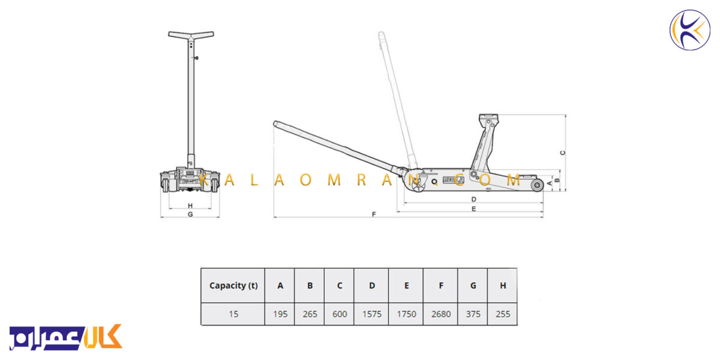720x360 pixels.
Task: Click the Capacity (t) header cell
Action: pos(233,286)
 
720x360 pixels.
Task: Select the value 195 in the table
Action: pos(280,314)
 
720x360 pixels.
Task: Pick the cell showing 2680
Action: pos(440,314)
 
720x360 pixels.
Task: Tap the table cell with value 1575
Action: pos(371,314)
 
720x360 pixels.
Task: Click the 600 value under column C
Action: pos(340,314)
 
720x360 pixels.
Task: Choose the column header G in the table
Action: pos(473,286)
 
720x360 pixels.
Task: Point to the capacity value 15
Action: pos(233,314)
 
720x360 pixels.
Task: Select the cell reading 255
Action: pos(503,314)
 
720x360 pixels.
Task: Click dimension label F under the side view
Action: pos(373,214)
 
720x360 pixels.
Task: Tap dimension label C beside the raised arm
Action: pos(563,153)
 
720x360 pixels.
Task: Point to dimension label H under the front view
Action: pos(190,206)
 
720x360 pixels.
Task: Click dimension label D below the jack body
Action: pos(473,199)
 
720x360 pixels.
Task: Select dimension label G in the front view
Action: pos(190,214)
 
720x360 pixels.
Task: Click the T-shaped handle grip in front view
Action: pos(191,35)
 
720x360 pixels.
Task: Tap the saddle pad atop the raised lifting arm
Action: pos(488,116)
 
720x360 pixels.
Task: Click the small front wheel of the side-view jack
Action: pos(537,185)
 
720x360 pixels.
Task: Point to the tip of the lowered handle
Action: pos(275,124)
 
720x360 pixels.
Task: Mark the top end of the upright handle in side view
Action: pos(381,34)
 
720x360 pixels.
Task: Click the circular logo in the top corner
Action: pos(690,30)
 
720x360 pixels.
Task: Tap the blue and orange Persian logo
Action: pos(65,337)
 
